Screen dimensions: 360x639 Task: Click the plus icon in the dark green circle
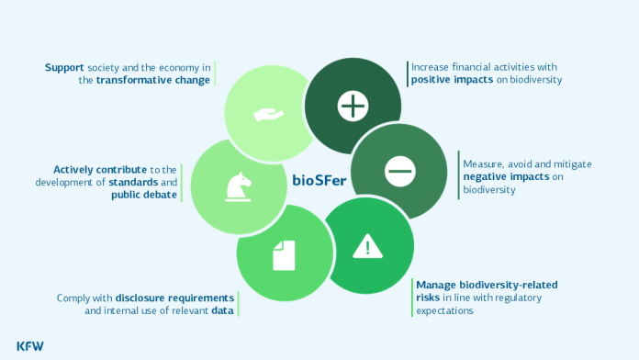353,107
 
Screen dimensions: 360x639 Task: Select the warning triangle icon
368,245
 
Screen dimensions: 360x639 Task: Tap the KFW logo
29,345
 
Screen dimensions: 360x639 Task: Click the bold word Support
66,67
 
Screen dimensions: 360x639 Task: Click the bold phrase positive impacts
447,80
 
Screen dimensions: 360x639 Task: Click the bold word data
221,310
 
